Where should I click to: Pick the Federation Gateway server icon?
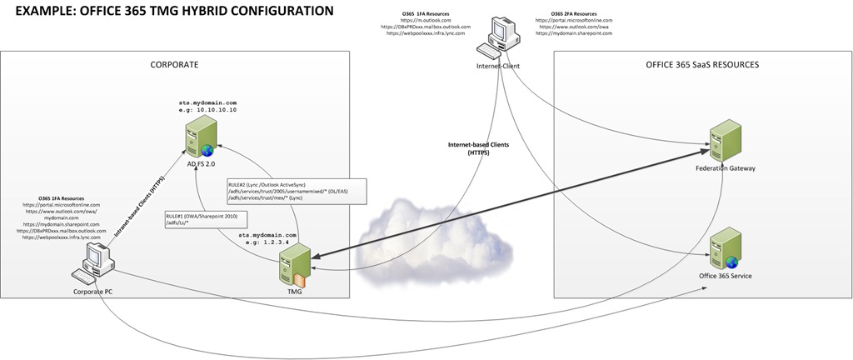[725, 142]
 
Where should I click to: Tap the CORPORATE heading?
[174, 65]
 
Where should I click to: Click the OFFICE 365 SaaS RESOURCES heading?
[702, 65]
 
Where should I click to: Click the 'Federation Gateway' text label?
[725, 168]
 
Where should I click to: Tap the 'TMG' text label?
[295, 292]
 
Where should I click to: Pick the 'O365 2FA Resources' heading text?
[574, 14]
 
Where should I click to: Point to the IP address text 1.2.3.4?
[281, 243]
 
